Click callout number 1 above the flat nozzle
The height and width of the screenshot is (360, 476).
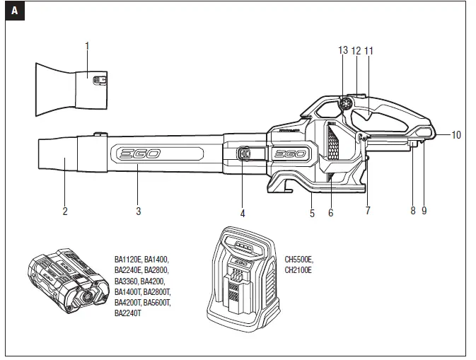[87, 46]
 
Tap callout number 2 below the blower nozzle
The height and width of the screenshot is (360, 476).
[64, 211]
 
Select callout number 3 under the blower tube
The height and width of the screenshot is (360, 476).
[138, 211]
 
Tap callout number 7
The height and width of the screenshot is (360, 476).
[368, 211]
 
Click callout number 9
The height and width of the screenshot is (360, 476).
[424, 211]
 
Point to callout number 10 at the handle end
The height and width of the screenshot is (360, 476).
[456, 135]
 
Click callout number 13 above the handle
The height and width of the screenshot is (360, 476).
[344, 51]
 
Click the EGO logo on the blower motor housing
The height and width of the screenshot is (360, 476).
[289, 155]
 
